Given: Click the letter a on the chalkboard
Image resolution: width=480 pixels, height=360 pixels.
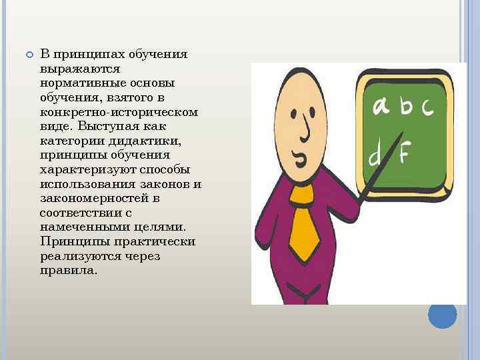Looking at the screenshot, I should (x=381, y=106).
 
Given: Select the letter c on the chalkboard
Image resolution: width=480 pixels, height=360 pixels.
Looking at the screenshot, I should (x=425, y=106).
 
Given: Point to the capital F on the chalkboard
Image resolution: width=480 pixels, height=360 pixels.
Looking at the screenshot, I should (x=403, y=154).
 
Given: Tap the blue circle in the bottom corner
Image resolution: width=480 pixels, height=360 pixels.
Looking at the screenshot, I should (x=442, y=314).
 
